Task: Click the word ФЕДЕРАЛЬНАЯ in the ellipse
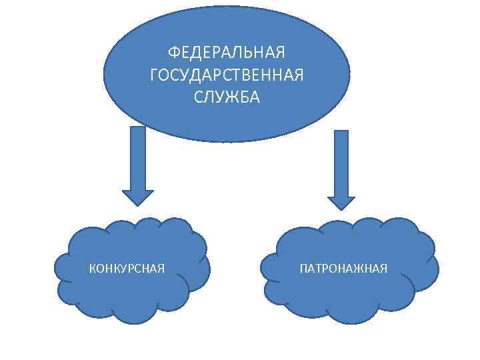[x=227, y=52]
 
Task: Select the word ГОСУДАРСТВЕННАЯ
[x=227, y=75]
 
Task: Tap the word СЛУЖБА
[x=227, y=97]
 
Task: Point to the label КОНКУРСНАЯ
[x=127, y=269]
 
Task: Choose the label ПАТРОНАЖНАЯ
[x=343, y=269]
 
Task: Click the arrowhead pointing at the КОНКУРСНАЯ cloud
[x=137, y=197]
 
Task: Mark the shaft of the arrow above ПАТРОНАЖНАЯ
[x=341, y=160]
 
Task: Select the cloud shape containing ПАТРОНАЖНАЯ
[x=347, y=300]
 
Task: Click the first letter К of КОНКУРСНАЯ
[x=92, y=269]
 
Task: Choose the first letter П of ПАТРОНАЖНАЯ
[x=304, y=269]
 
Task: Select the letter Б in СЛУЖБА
[x=244, y=97]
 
